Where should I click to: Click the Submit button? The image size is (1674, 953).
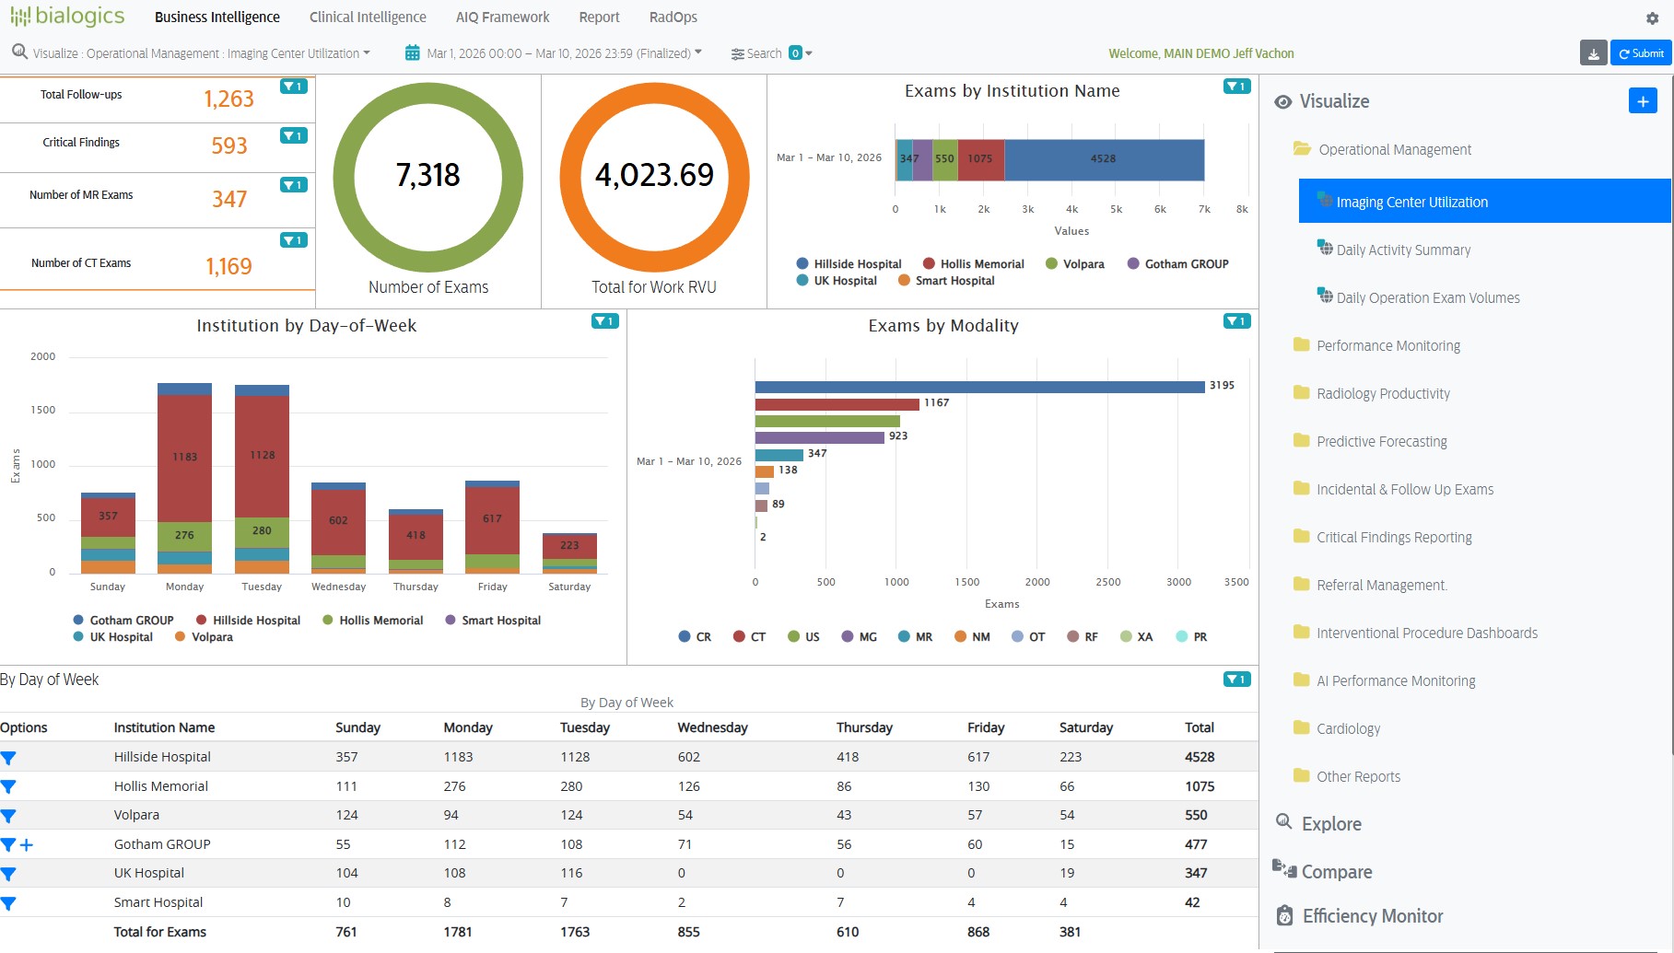[x=1641, y=53]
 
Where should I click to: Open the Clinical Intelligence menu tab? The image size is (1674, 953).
[x=368, y=17]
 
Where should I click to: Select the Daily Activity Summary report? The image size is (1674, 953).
[x=1402, y=250]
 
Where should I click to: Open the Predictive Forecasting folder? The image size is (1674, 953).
[x=1380, y=441]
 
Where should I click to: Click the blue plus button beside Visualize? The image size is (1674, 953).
[x=1643, y=101]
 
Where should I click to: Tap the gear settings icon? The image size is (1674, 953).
[x=1652, y=18]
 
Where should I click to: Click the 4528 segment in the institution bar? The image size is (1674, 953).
[x=1103, y=159]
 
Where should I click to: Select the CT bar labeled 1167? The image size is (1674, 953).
[x=836, y=404]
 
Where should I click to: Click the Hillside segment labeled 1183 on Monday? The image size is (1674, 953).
[x=184, y=457]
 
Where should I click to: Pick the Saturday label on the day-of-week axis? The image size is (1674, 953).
[x=569, y=587]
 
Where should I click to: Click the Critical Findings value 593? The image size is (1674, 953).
[x=229, y=146]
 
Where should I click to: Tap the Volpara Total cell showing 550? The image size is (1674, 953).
[x=1196, y=815]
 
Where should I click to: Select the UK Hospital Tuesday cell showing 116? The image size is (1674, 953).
[x=571, y=873]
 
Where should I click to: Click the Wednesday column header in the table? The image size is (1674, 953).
[x=712, y=727]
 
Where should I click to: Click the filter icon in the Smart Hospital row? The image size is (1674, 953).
[x=8, y=903]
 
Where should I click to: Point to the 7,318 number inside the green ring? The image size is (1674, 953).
[x=427, y=175]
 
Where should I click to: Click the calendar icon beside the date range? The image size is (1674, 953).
[x=413, y=53]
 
